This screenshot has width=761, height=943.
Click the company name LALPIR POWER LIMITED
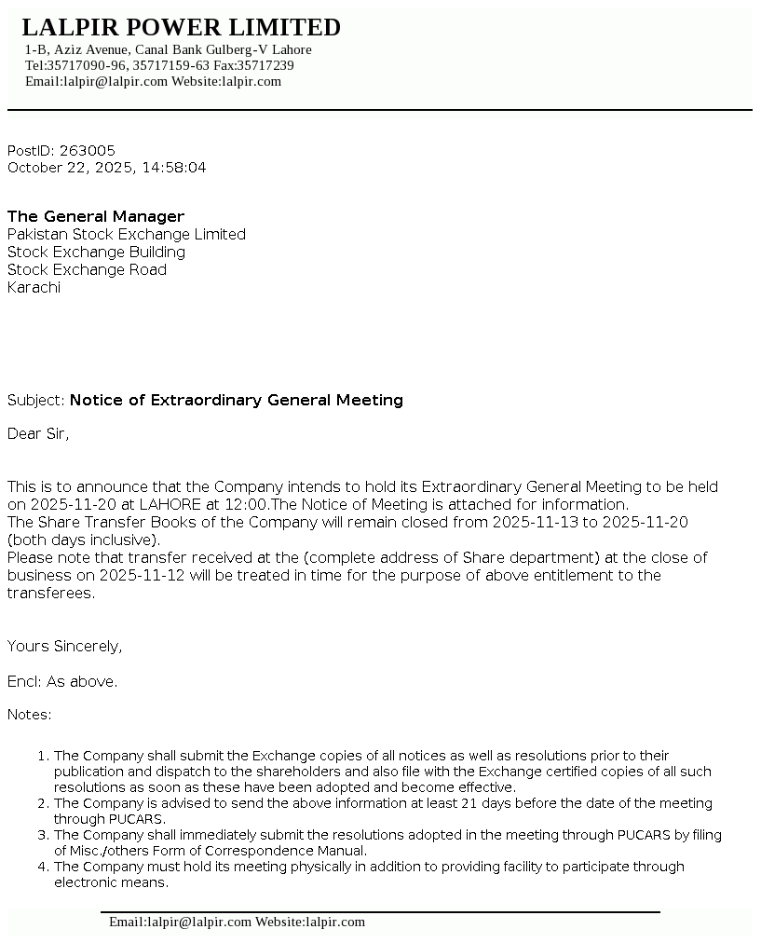pos(181,27)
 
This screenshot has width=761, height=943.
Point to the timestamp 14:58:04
pos(176,168)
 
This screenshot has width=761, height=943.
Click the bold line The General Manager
pos(96,216)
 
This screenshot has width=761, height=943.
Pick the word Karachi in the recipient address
pos(34,287)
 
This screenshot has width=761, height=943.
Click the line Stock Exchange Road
pos(87,269)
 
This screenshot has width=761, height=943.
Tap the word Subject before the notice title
pos(35,400)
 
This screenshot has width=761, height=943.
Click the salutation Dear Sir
pos(38,433)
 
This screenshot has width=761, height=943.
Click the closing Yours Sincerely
pos(64,646)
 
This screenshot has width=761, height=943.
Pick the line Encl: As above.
pos(62,681)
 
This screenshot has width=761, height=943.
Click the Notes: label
pos(30,715)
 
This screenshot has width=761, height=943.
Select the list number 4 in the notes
pos(43,867)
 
